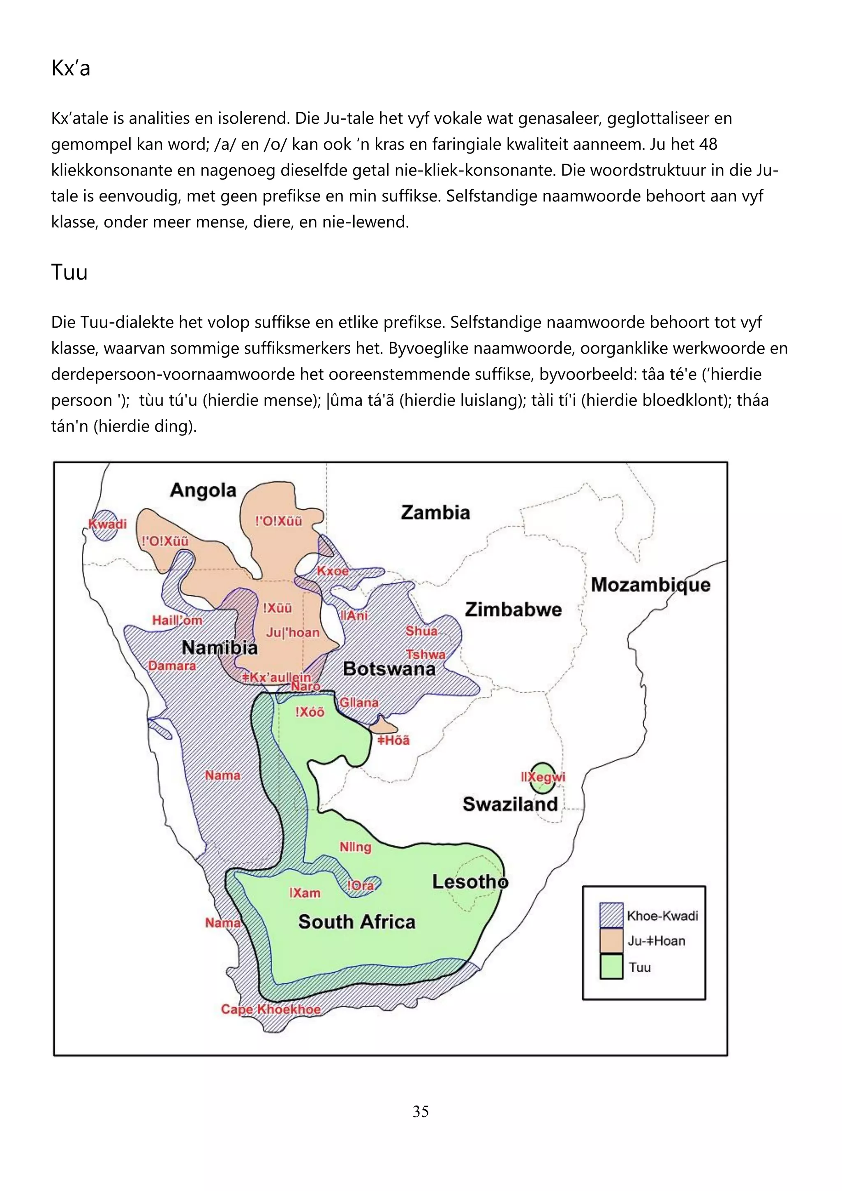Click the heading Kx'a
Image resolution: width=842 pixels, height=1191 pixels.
71,68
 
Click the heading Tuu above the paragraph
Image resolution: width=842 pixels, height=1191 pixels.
69,272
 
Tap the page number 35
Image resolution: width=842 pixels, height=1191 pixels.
420,1111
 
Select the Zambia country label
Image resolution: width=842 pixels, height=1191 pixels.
435,513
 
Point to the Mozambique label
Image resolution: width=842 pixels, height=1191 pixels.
650,585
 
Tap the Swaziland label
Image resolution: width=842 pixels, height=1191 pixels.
510,804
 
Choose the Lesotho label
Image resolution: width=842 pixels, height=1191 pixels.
470,881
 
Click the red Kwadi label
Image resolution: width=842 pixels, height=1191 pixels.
107,524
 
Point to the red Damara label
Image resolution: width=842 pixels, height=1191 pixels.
172,666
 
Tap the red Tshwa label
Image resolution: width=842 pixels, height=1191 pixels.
426,654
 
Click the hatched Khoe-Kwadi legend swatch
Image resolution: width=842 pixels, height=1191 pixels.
611,915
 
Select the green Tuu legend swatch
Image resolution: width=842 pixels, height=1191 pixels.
611,967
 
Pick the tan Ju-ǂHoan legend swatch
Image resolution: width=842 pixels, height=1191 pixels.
611,941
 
